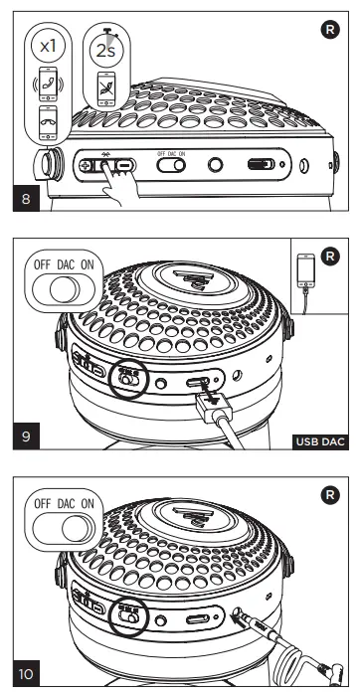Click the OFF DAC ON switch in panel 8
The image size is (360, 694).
173,166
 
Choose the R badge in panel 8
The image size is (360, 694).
340,20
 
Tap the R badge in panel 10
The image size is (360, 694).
340,491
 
